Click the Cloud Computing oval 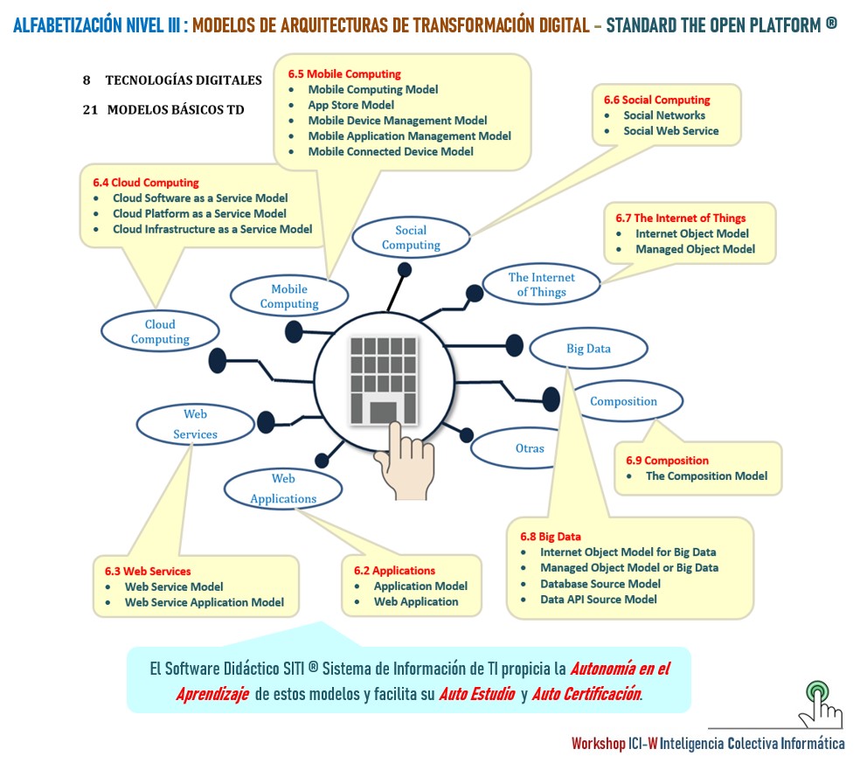(x=160, y=331)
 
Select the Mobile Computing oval (x=289, y=296)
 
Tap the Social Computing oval (x=411, y=238)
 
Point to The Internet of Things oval (x=542, y=285)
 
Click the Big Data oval (x=588, y=349)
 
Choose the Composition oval (x=623, y=401)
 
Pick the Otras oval (x=530, y=448)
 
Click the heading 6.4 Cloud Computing (x=146, y=183)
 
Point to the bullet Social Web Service (x=670, y=131)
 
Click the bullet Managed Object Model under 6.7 (x=695, y=249)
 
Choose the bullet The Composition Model (x=706, y=476)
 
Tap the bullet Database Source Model (x=600, y=584)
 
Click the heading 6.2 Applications (x=394, y=571)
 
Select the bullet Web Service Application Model (x=204, y=602)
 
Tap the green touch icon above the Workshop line (x=819, y=702)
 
